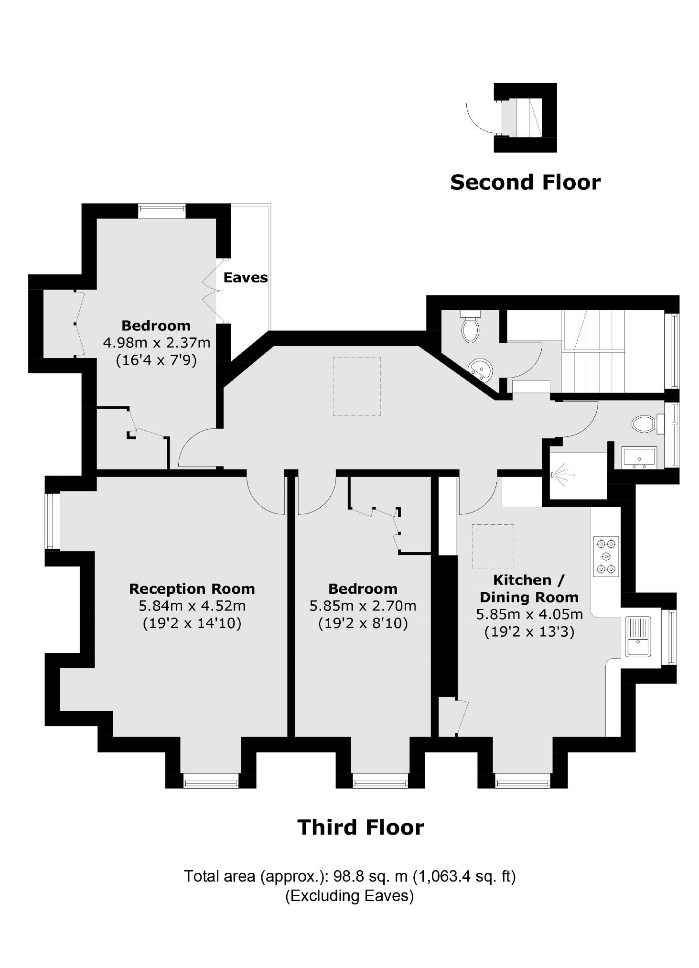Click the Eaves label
pos(245,278)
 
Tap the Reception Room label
pos(192,588)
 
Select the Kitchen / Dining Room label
pos(529,588)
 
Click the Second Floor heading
pos(525,183)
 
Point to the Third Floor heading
pos(361,827)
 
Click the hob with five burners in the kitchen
pos(606,556)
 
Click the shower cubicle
pos(575,476)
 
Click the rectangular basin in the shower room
pos(639,457)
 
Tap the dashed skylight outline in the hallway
pos(357,386)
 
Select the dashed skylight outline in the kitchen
pos(493,546)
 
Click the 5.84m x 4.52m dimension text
pos(192,606)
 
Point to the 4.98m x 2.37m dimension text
pos(156,342)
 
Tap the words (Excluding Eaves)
pos(349,895)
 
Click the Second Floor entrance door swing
pos(481,118)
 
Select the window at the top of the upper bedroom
pos(161,210)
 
